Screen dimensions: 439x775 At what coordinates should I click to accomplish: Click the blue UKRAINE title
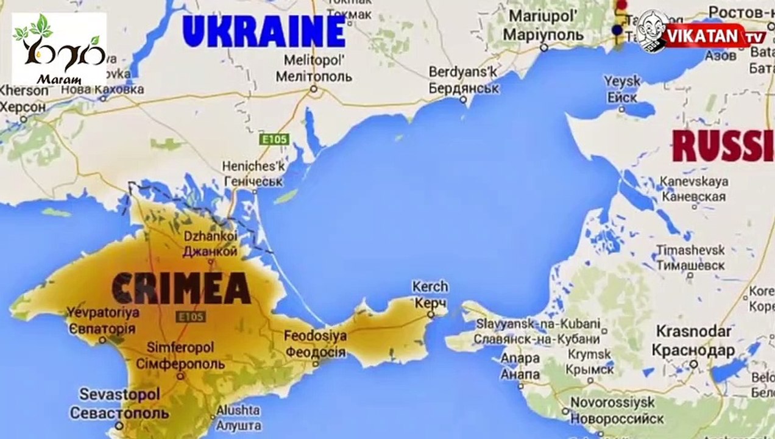264,31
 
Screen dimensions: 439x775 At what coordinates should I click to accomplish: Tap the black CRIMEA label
181,288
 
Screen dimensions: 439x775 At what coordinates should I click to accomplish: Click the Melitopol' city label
314,69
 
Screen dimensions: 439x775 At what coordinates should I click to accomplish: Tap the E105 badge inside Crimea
190,316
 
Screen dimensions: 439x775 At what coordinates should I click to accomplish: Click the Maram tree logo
59,48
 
